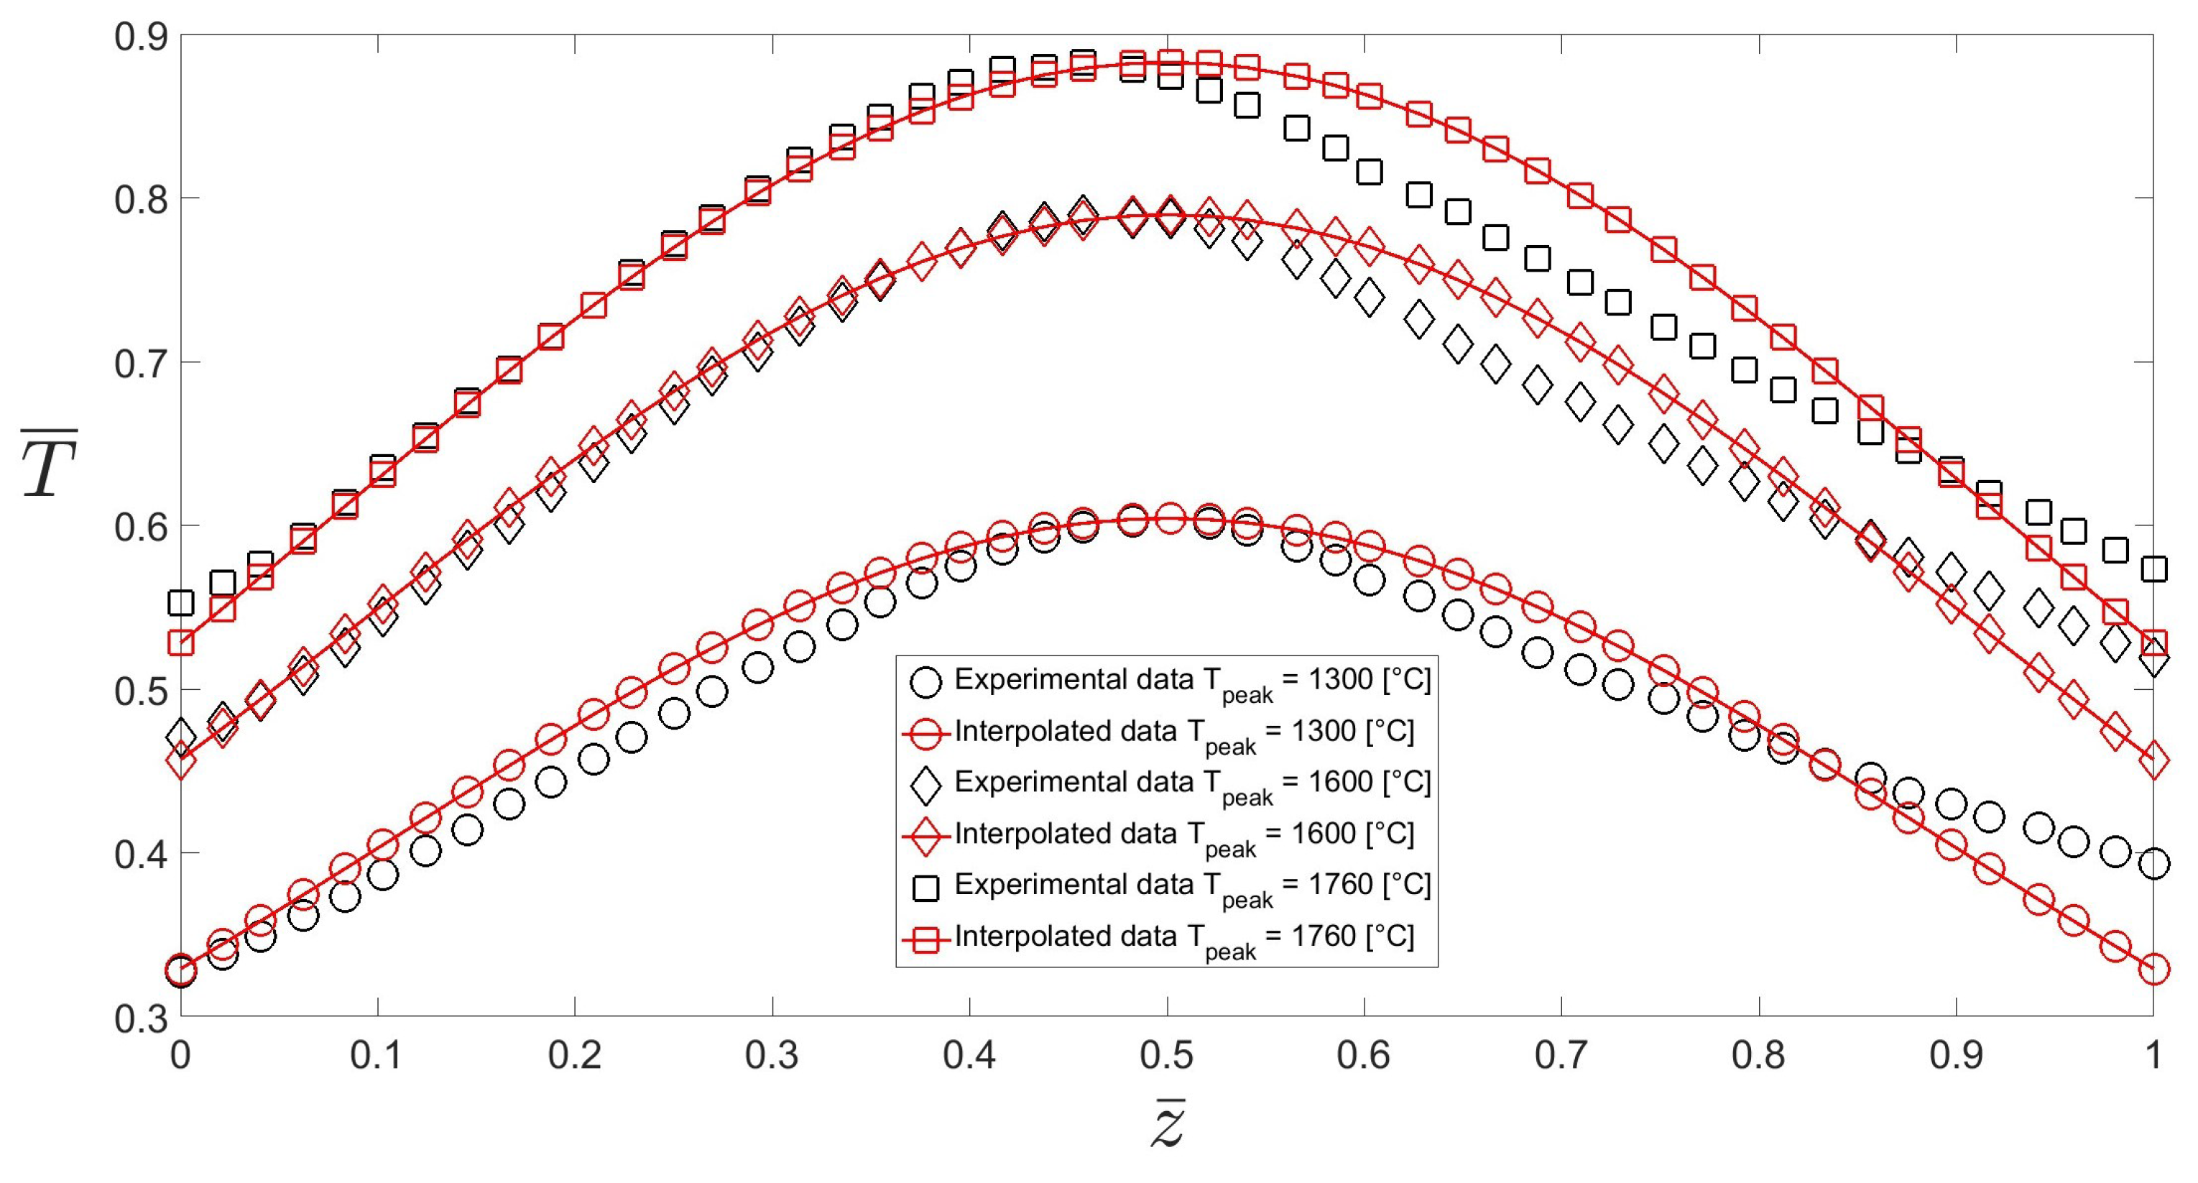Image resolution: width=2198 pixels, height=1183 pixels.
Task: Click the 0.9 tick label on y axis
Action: (x=141, y=37)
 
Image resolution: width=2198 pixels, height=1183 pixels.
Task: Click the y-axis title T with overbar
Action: (x=50, y=465)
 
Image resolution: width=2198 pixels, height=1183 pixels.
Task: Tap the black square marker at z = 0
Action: (x=181, y=602)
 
